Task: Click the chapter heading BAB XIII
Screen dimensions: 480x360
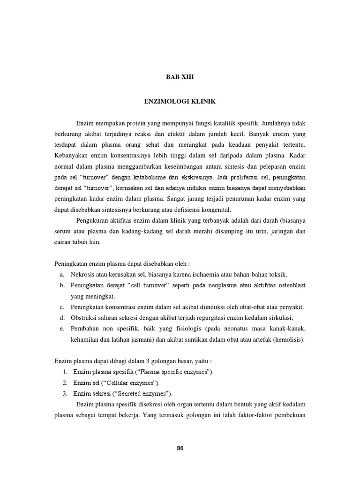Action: [x=180, y=78]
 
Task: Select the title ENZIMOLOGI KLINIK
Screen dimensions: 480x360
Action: [x=180, y=101]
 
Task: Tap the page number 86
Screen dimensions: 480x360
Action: [x=180, y=448]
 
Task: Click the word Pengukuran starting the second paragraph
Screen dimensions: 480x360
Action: [x=95, y=221]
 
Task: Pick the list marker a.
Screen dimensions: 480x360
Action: [x=62, y=274]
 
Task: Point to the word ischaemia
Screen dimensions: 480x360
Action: [x=211, y=274]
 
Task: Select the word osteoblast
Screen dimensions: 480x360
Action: [x=287, y=285]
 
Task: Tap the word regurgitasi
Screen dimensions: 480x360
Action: [x=221, y=318]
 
